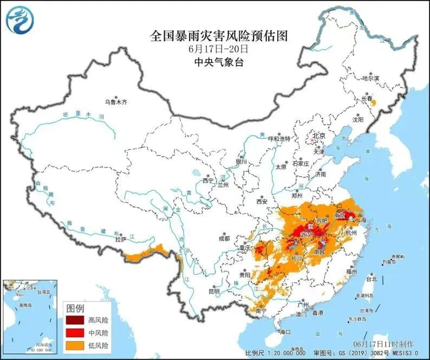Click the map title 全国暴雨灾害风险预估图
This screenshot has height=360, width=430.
(x=218, y=36)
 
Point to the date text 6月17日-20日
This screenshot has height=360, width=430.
(x=218, y=49)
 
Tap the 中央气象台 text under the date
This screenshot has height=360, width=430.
(x=219, y=62)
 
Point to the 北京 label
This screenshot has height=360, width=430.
(x=317, y=135)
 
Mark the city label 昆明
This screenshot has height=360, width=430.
(x=213, y=291)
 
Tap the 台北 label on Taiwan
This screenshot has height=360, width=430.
(x=371, y=280)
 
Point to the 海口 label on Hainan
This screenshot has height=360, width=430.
(x=284, y=332)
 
